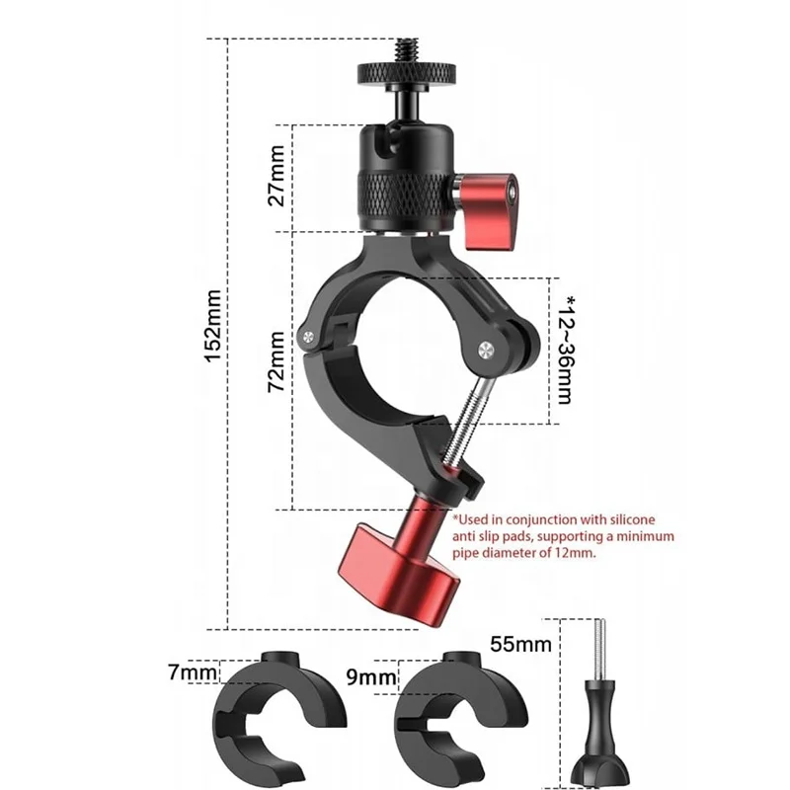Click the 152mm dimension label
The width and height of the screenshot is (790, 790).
pos(213,326)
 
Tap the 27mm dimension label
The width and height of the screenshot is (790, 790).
pos(276,176)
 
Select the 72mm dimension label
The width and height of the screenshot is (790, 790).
pos(276,361)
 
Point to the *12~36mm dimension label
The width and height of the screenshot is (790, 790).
pos(566,350)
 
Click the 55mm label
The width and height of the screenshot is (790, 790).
pos(520,644)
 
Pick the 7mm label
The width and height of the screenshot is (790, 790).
pos(193,672)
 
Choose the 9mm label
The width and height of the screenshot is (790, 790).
pos(371,677)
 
